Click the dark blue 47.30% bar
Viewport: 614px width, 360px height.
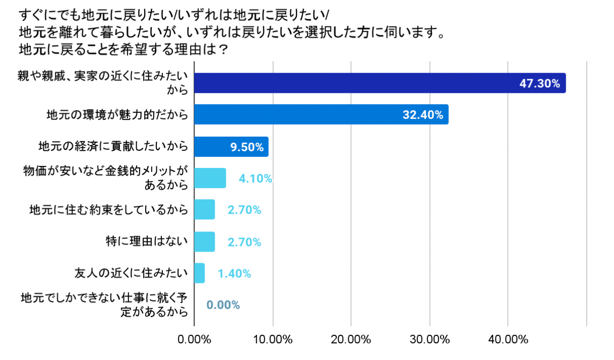pos(353,83)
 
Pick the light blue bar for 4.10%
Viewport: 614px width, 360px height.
pos(210,178)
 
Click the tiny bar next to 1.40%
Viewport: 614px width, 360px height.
pos(200,273)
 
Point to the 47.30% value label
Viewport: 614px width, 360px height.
pos(539,84)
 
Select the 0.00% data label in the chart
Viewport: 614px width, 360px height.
pos(223,305)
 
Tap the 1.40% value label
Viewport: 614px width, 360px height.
pos(234,274)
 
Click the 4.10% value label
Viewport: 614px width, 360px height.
pos(256,178)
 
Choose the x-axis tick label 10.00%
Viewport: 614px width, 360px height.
pos(273,339)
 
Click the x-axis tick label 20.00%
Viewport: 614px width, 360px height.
pos(351,339)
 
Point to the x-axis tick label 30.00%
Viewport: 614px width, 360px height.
pos(429,339)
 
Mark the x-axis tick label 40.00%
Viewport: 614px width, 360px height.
pos(508,339)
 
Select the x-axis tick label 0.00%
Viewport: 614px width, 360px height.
pos(195,339)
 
